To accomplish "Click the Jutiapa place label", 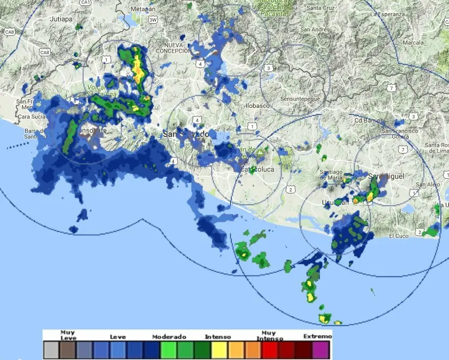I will click(60, 18).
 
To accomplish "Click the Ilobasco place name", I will click(256, 105).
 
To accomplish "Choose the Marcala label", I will click(412, 42).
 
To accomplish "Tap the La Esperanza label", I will click(388, 14).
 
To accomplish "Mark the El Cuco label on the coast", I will click(399, 236).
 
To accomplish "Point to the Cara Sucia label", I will click(31, 116).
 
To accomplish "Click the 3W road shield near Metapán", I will click(153, 20).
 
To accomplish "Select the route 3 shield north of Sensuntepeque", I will click(268, 68).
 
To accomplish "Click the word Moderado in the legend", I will click(170, 336).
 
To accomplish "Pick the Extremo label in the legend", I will click(318, 336).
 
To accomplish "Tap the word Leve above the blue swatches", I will click(118, 336).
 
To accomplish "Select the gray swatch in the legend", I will click(51, 349).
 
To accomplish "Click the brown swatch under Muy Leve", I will click(68, 349).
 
